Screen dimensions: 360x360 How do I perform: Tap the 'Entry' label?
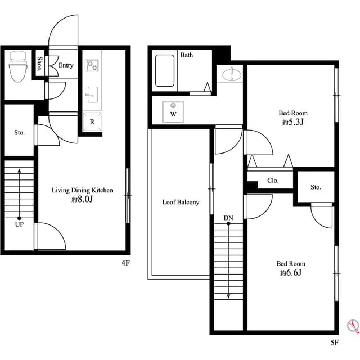point(66,66)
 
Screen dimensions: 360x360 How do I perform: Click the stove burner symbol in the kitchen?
point(92,66)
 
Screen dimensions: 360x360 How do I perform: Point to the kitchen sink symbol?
point(92,93)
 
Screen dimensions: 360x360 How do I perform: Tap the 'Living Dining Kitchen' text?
point(82,191)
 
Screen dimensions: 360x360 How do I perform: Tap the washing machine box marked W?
point(173,111)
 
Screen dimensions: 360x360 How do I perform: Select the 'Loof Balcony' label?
point(181,202)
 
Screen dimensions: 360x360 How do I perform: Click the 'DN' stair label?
point(228,217)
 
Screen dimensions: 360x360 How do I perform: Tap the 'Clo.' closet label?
point(273,181)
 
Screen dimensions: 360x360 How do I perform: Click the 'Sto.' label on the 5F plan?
point(316,187)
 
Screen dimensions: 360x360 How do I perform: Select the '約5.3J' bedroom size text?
point(292,122)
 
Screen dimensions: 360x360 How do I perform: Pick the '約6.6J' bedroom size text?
point(290,273)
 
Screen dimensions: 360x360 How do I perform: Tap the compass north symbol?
point(353,325)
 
